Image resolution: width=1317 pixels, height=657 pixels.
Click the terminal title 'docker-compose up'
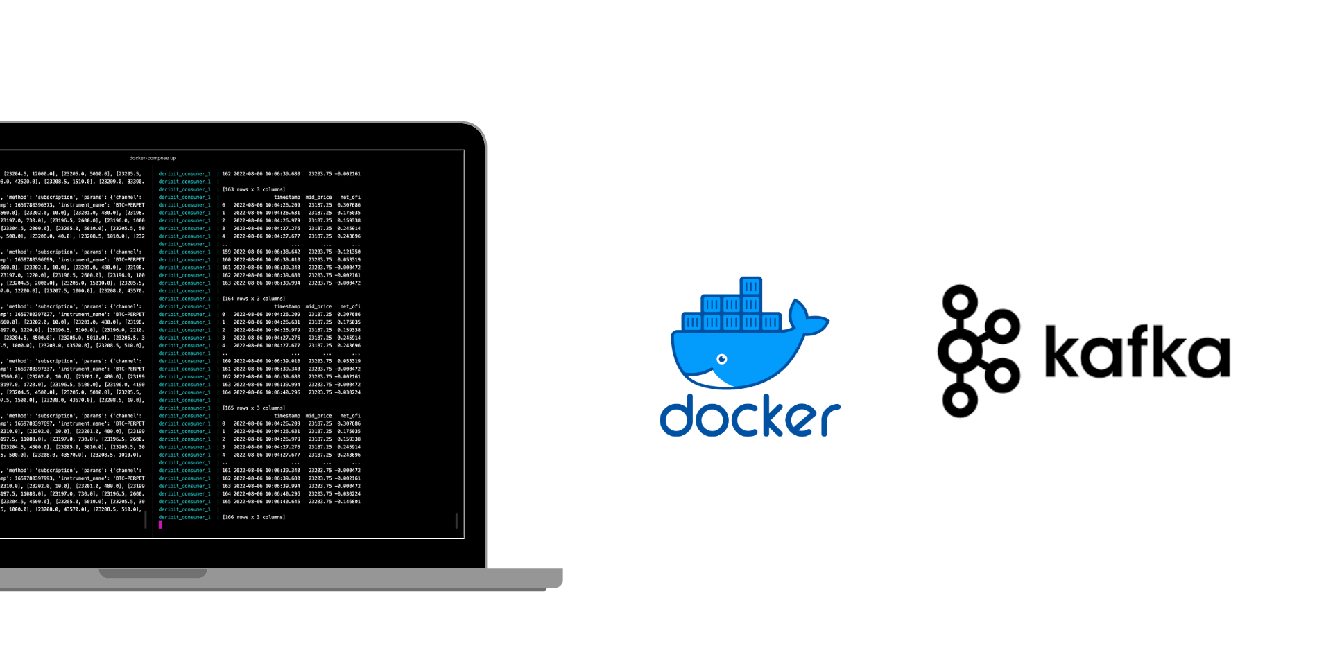(x=153, y=158)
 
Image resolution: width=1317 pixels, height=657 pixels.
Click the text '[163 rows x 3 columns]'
(x=253, y=189)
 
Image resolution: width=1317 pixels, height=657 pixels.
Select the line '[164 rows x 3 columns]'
(x=253, y=299)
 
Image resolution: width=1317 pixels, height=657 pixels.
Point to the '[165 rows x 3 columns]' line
(x=253, y=408)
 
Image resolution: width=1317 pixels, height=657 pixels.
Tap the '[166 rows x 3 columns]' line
(x=253, y=517)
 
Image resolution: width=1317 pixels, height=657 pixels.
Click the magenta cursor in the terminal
(x=160, y=525)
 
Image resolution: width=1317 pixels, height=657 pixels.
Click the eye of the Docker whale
(x=721, y=359)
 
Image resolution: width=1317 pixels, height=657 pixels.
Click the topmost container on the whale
(x=750, y=286)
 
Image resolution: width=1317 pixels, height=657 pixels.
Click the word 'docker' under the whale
(x=749, y=416)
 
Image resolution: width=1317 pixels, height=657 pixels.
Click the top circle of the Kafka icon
(x=960, y=300)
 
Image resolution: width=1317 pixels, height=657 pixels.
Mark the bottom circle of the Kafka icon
(x=960, y=400)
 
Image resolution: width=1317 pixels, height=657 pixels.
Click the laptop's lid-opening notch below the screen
(x=153, y=573)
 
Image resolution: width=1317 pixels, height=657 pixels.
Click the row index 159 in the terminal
(x=226, y=252)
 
